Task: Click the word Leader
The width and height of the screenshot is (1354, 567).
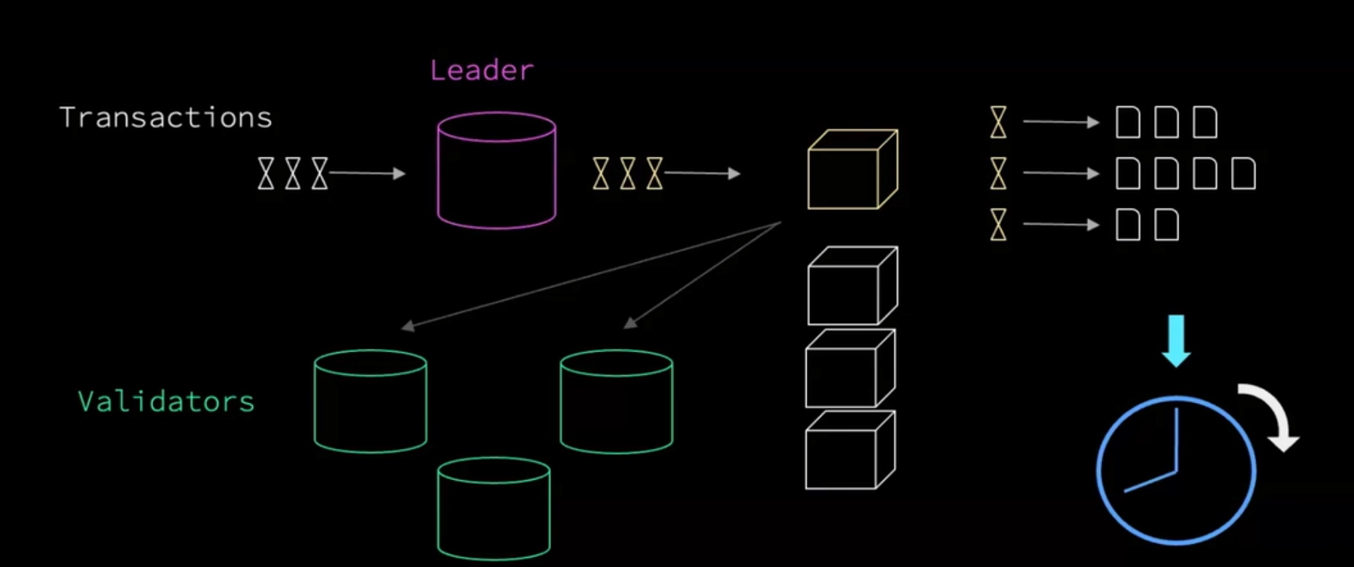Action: tap(481, 70)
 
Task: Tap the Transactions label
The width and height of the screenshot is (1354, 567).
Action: tap(166, 117)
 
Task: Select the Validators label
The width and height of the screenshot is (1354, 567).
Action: tap(166, 401)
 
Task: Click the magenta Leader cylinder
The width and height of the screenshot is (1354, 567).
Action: tap(497, 171)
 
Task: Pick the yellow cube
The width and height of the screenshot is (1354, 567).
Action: tap(852, 169)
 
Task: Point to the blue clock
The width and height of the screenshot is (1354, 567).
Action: tap(1176, 470)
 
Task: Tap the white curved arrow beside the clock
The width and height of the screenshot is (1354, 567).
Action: tap(1271, 414)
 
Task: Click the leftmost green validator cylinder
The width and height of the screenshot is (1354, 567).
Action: tap(370, 401)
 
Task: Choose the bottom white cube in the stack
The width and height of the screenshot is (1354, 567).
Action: tap(851, 450)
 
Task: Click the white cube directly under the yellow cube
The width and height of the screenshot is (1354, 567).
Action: tap(852, 285)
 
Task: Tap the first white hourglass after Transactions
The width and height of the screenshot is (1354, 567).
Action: tap(266, 173)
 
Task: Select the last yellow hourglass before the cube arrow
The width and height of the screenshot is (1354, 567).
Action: tap(655, 173)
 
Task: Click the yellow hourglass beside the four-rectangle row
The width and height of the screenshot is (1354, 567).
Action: tap(998, 173)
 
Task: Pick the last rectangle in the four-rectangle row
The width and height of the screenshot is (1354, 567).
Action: tap(1244, 173)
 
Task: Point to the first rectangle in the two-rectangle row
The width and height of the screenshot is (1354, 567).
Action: tap(1128, 225)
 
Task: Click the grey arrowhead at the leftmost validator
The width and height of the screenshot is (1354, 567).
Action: tap(407, 326)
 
